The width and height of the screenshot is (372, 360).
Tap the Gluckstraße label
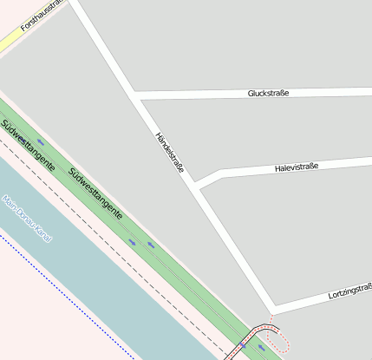click(268, 93)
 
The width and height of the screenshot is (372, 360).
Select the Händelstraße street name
click(169, 152)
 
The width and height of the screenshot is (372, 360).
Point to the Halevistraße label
click(297, 167)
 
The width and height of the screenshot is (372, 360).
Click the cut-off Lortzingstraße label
click(350, 294)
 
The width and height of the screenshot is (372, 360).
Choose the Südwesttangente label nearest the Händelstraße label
click(95, 193)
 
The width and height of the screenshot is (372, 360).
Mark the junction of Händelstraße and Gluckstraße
click(137, 94)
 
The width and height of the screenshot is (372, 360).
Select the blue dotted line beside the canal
click(69, 299)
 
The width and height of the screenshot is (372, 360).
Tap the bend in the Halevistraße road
click(222, 172)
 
